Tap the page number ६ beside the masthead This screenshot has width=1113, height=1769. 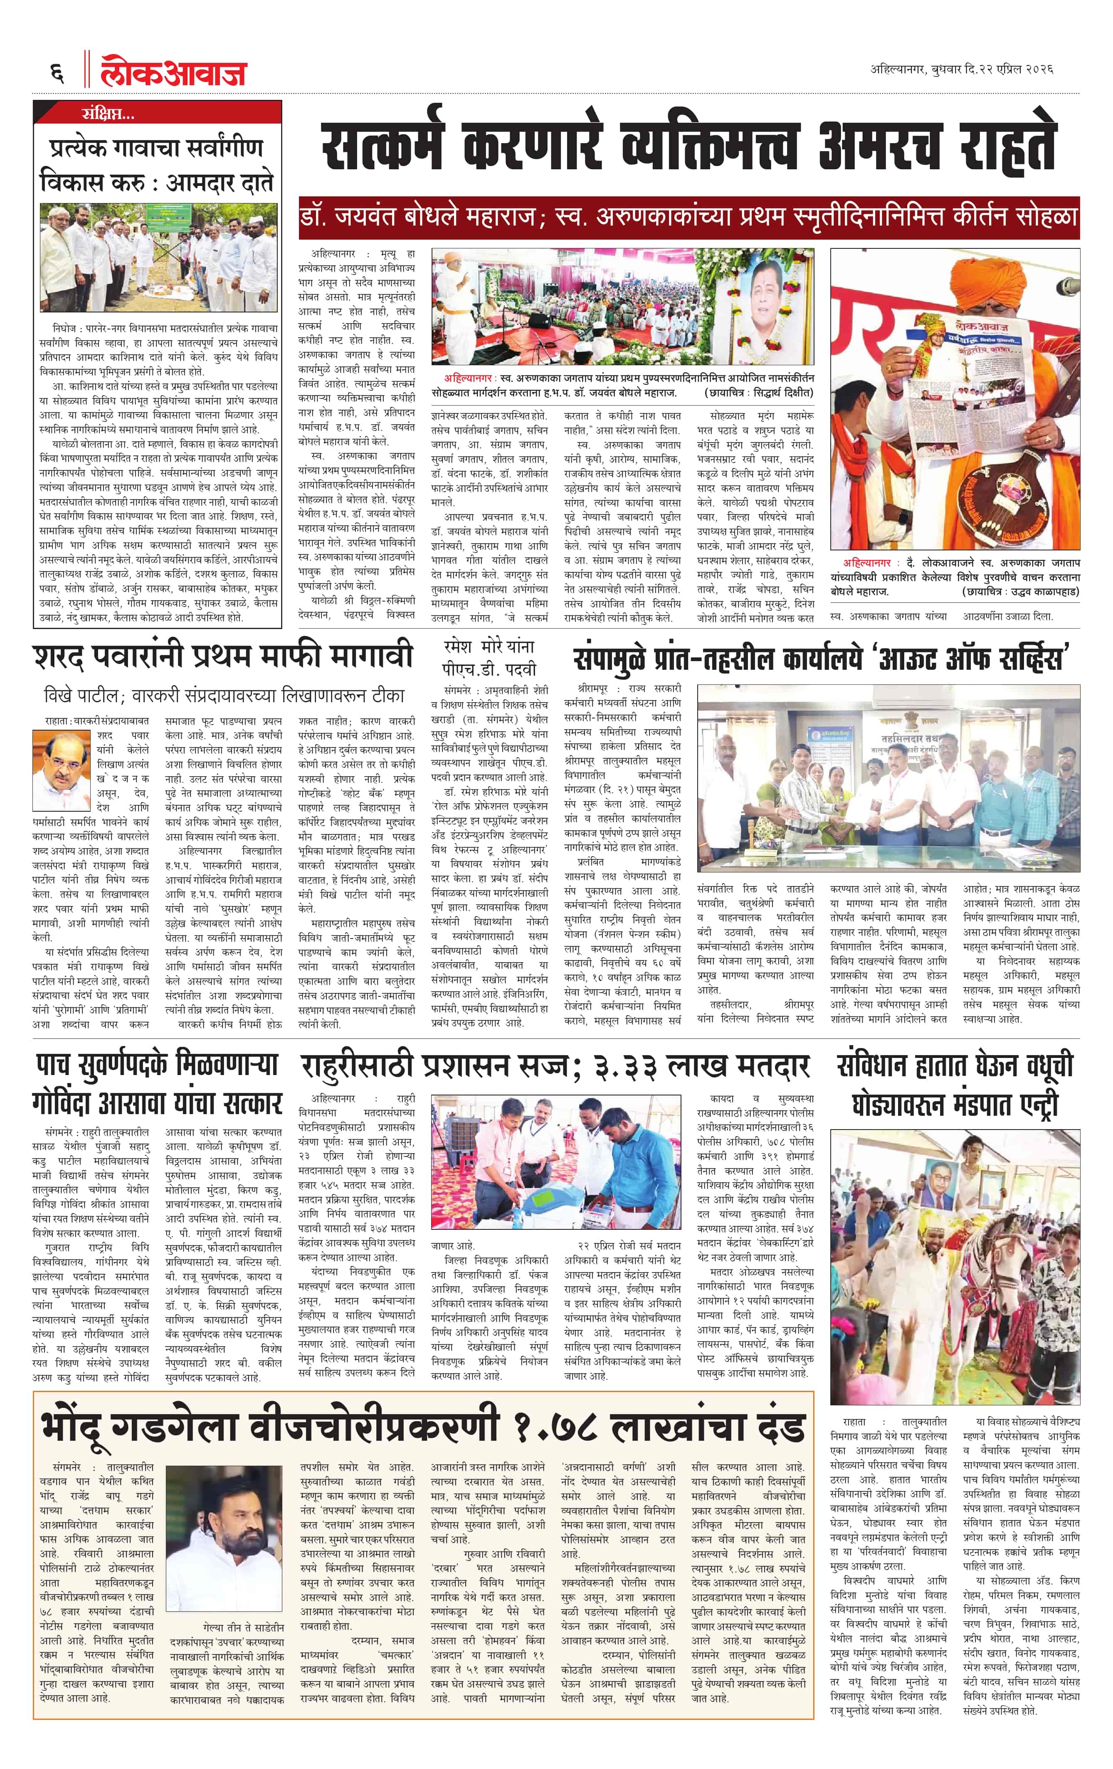pos(57,73)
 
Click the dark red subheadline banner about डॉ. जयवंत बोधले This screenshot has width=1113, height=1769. pos(689,218)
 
